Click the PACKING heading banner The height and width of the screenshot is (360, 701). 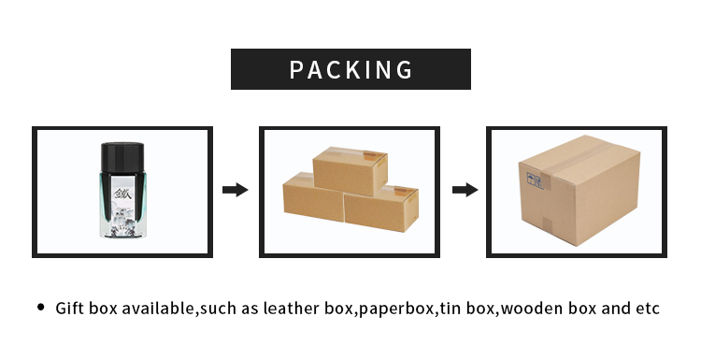click(350, 69)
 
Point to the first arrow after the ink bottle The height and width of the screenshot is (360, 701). click(235, 190)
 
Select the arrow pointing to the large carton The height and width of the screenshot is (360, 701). click(465, 190)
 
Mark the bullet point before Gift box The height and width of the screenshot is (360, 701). click(40, 307)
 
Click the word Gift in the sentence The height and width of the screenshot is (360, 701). click(70, 308)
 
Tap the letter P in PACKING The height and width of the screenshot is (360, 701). click(298, 69)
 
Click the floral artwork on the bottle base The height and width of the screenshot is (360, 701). click(122, 218)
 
